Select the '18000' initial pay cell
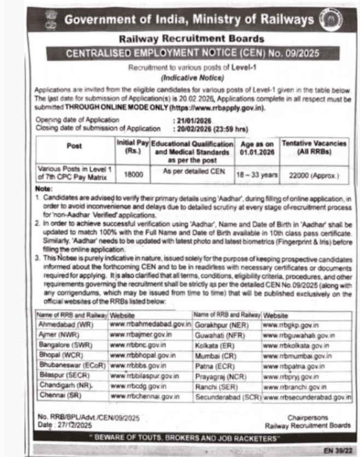(132, 175)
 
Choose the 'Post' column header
(74, 147)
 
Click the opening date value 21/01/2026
(193, 119)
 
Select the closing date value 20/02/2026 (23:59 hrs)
(210, 128)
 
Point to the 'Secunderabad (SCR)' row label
(228, 396)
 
